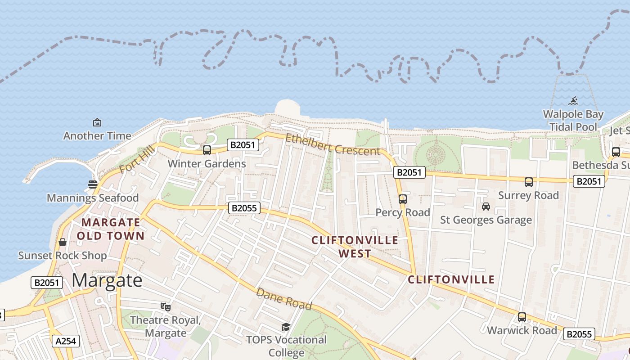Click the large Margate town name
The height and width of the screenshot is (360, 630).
(x=107, y=280)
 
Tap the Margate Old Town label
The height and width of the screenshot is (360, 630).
(x=111, y=229)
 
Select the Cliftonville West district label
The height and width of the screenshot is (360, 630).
(x=355, y=247)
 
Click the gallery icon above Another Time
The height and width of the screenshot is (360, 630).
(x=97, y=122)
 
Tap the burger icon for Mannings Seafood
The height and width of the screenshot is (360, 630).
(x=93, y=184)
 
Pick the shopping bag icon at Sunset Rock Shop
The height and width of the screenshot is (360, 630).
(x=63, y=243)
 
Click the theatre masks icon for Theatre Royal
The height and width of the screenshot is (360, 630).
(x=166, y=307)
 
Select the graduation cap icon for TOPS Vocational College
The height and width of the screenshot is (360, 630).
(x=286, y=327)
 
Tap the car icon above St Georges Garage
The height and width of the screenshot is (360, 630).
(x=486, y=207)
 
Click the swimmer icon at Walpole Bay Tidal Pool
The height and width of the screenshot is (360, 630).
(x=573, y=101)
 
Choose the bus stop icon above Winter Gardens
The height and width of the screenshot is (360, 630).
(x=207, y=150)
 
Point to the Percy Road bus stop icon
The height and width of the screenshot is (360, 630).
(x=402, y=199)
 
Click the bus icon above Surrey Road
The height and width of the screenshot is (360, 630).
(x=529, y=182)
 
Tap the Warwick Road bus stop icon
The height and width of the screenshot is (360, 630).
(x=522, y=317)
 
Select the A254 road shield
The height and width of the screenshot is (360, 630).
(x=66, y=341)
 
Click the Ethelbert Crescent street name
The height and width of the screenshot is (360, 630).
(x=333, y=144)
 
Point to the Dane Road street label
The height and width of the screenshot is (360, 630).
(x=284, y=299)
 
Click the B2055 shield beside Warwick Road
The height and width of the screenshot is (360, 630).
(x=580, y=334)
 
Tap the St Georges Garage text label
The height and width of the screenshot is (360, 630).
(x=486, y=220)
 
